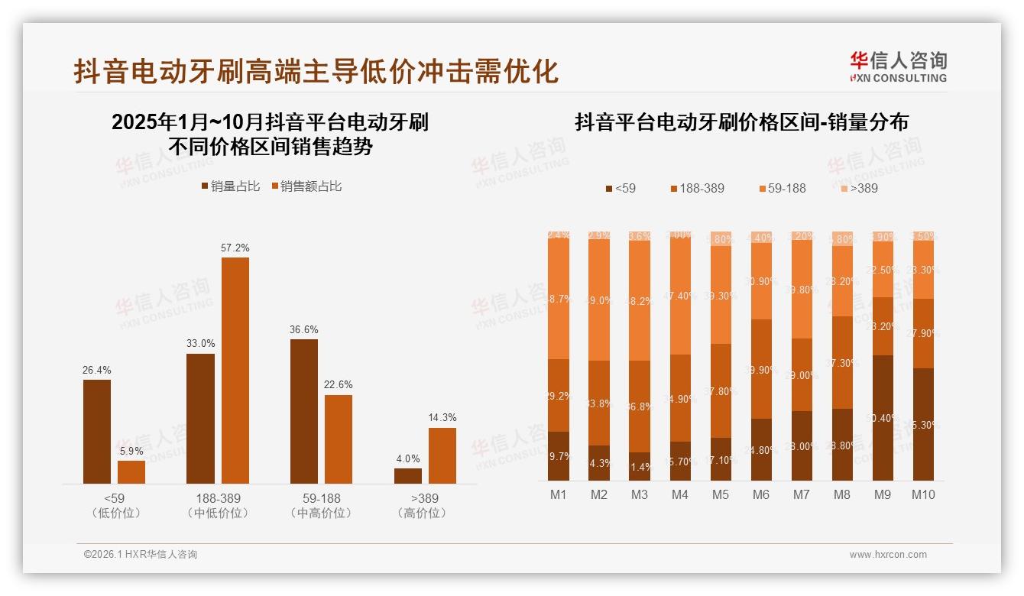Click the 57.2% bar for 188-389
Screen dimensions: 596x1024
235,371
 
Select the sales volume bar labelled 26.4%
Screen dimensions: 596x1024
97,432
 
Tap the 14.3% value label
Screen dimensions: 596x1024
442,418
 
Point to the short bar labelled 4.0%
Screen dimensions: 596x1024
408,476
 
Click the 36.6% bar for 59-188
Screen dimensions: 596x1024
304,411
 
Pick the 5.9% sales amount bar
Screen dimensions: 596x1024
131,472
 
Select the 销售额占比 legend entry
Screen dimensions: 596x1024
306,186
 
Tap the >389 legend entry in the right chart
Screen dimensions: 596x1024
860,188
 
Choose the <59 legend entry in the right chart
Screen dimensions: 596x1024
620,188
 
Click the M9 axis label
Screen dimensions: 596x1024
882,495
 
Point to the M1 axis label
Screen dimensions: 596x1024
559,495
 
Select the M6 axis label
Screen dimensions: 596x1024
760,495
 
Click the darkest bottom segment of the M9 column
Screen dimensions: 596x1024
882,418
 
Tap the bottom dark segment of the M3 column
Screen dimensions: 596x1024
640,467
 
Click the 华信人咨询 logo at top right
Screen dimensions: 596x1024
898,67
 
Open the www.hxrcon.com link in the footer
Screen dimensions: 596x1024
888,555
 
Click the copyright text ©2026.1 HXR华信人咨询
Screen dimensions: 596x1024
140,555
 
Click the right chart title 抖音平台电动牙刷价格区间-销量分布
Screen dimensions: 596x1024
740,122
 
